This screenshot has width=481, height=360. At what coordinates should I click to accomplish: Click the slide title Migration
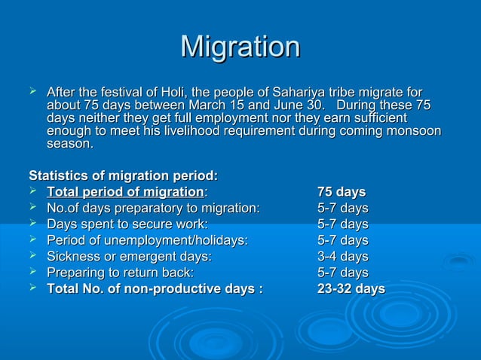(x=240, y=47)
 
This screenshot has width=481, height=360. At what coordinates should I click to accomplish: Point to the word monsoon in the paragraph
(x=414, y=131)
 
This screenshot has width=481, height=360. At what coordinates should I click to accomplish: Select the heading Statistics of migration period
(x=123, y=175)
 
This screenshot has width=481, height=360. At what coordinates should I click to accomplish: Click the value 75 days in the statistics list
(x=342, y=191)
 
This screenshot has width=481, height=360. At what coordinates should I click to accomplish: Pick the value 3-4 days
(x=342, y=256)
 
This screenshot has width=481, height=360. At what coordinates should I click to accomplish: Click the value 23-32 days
(x=351, y=289)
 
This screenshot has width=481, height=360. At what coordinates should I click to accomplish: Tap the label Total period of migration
(x=125, y=191)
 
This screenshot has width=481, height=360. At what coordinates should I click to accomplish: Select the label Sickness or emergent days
(x=129, y=256)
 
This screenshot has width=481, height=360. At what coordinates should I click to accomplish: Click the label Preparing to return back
(x=120, y=273)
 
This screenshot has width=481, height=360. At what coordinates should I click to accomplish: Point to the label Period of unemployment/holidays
(x=147, y=240)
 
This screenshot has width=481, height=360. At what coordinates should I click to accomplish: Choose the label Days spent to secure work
(x=127, y=224)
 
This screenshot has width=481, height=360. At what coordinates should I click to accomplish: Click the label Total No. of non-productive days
(x=155, y=289)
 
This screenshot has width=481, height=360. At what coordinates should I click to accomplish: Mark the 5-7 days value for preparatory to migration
(x=342, y=208)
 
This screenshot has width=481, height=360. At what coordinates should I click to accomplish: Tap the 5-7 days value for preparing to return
(x=342, y=273)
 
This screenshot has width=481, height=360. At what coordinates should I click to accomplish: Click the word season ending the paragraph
(x=70, y=145)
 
